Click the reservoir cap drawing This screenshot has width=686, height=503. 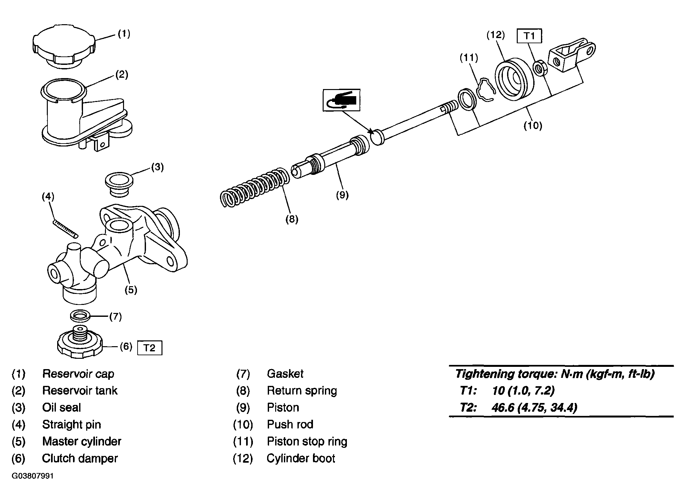[x=64, y=46]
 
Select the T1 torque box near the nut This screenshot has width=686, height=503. [x=529, y=36]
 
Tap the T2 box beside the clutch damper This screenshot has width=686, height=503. [x=150, y=348]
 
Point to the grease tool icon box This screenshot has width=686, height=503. [x=341, y=100]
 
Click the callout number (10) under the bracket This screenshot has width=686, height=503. [x=533, y=125]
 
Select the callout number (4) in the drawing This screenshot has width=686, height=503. [x=48, y=196]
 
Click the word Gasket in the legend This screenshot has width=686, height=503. [x=285, y=374]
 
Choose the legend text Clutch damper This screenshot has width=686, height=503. [x=80, y=458]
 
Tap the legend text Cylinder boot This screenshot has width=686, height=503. [x=301, y=458]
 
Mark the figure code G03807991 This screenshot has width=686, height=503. [x=33, y=476]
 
